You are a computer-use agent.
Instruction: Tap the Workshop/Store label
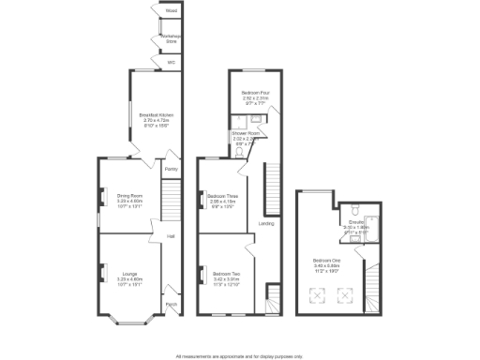[172, 39]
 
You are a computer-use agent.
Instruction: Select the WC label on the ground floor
[172, 63]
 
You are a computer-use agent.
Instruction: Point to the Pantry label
[172, 169]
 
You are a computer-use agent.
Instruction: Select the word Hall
[172, 236]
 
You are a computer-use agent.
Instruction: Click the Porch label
[172, 303]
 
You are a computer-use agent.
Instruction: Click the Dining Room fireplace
[101, 197]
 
